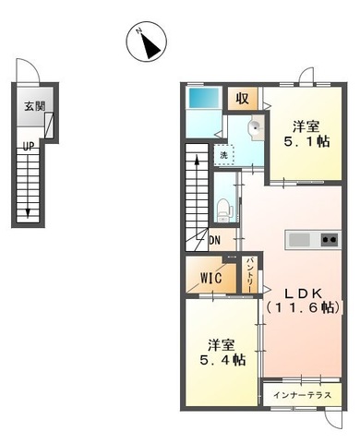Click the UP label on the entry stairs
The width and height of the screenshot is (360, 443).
[x=30, y=145]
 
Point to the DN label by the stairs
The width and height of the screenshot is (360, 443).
[x=214, y=242]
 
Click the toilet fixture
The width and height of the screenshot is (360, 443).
[x=223, y=209]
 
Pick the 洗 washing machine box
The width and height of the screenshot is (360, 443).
[x=223, y=155]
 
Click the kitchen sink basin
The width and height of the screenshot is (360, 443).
[x=300, y=240]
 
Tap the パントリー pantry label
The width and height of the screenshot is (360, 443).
[x=250, y=276]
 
